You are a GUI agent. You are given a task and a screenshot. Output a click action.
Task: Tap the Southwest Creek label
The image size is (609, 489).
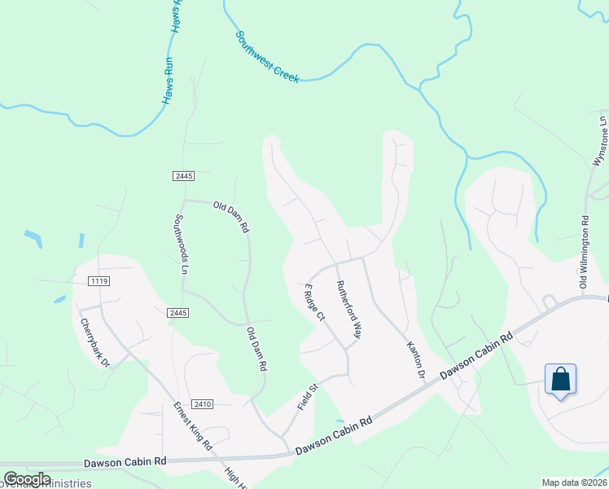(267, 57)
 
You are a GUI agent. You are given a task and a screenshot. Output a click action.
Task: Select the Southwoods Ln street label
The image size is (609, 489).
(182, 244)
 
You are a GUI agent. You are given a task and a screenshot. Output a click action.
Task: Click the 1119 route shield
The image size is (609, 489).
(99, 281)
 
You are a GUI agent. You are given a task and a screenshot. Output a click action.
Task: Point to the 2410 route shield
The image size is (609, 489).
(203, 403)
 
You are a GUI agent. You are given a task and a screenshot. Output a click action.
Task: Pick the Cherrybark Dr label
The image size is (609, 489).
(94, 341)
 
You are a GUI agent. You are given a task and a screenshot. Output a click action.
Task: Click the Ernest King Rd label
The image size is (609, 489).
(192, 426)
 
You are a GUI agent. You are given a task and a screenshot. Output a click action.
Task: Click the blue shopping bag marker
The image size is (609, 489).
(560, 380)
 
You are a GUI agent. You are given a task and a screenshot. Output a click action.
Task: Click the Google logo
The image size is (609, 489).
(27, 479)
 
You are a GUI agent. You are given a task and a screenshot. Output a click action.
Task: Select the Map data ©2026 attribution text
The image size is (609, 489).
(575, 482)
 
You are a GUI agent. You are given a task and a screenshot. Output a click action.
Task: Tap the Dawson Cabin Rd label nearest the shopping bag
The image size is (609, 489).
(477, 355)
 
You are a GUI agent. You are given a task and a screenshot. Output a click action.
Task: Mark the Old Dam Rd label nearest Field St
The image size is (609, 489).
(256, 350)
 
